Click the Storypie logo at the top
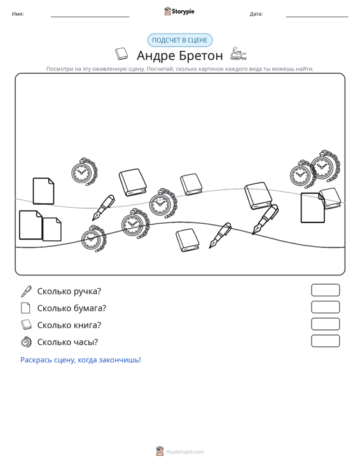click(x=179, y=11)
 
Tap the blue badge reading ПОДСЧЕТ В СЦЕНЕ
click(x=180, y=40)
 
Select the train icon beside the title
click(x=239, y=54)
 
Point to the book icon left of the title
click(x=121, y=54)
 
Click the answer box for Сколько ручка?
click(x=325, y=290)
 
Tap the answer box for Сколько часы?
click(x=325, y=341)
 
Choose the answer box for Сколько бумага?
click(x=325, y=307)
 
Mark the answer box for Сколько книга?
click(x=325, y=324)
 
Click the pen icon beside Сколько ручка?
click(x=26, y=291)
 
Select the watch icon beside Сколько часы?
click(x=26, y=342)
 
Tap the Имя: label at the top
click(x=18, y=14)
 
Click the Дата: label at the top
click(x=256, y=14)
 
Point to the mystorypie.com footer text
click(x=185, y=452)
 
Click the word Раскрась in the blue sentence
click(x=36, y=360)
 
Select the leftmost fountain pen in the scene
click(x=104, y=207)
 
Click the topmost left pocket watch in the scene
click(x=84, y=172)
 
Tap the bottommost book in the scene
click(x=187, y=240)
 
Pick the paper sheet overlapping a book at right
click(x=313, y=207)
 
